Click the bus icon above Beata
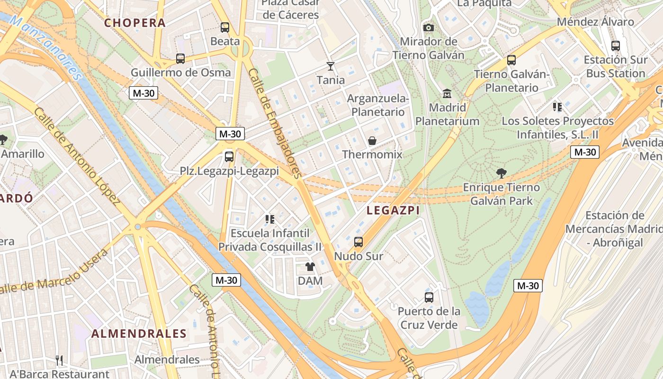click(x=225, y=27)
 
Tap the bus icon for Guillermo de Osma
click(x=180, y=59)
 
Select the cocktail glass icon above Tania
click(x=331, y=66)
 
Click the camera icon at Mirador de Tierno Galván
click(x=429, y=28)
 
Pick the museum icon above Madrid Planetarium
click(x=447, y=93)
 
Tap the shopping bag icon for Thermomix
click(x=372, y=141)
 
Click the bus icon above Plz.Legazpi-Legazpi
click(x=229, y=156)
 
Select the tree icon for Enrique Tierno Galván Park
click(x=501, y=173)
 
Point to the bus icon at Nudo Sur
click(x=358, y=242)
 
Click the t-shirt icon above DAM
click(x=310, y=267)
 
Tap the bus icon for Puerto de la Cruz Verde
click(x=429, y=298)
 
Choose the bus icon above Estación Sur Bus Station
click(x=616, y=46)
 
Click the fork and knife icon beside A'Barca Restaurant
click(x=59, y=361)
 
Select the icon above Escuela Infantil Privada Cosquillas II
click(x=270, y=219)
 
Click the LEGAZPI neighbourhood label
click(x=393, y=211)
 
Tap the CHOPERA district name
click(x=135, y=23)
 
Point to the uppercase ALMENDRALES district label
click(x=139, y=334)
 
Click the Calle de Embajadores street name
click(x=275, y=123)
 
